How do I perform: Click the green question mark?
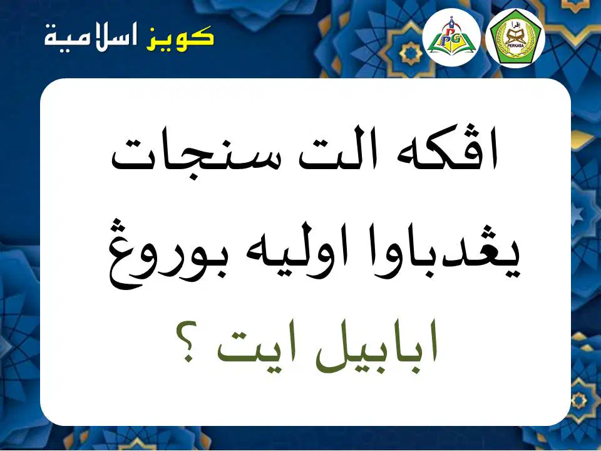point(187,342)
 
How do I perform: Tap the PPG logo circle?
point(451,38)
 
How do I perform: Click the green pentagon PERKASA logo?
point(515,38)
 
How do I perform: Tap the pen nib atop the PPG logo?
point(451,20)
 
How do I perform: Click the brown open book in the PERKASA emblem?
point(515,36)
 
